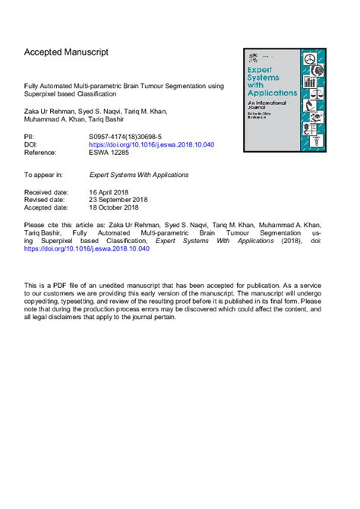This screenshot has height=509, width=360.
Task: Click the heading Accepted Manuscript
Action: tap(66, 52)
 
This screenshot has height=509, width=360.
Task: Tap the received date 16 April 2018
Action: tap(111, 192)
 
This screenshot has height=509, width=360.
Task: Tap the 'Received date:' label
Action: tap(48, 192)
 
